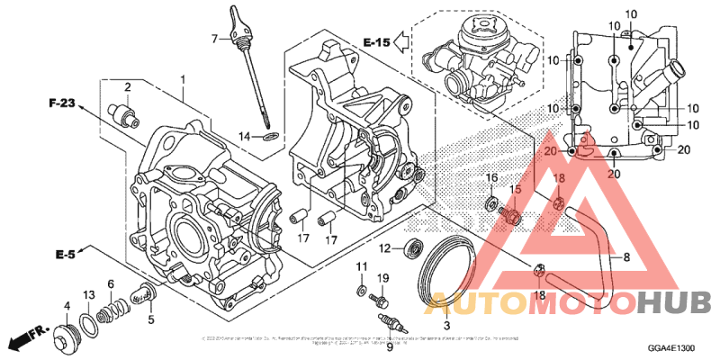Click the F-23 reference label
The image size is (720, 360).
pos(61,104)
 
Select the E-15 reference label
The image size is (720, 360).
pos(377,41)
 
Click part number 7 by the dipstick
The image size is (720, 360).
pos(215,38)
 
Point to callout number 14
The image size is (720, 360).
pos(244,136)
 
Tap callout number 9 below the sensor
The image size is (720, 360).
pos(390,346)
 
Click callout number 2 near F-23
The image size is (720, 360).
pos(128,86)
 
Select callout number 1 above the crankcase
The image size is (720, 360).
pos(183,80)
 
